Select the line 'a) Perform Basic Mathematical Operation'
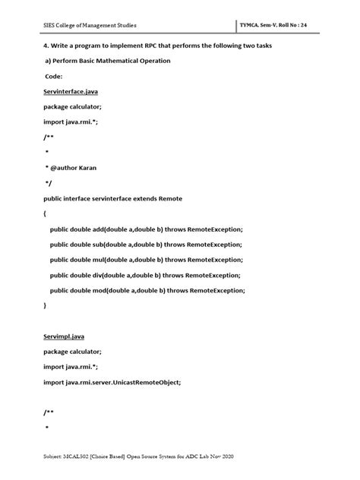coord(107,61)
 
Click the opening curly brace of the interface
coord(45,214)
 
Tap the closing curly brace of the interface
coord(45,305)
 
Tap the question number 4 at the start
coord(46,46)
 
